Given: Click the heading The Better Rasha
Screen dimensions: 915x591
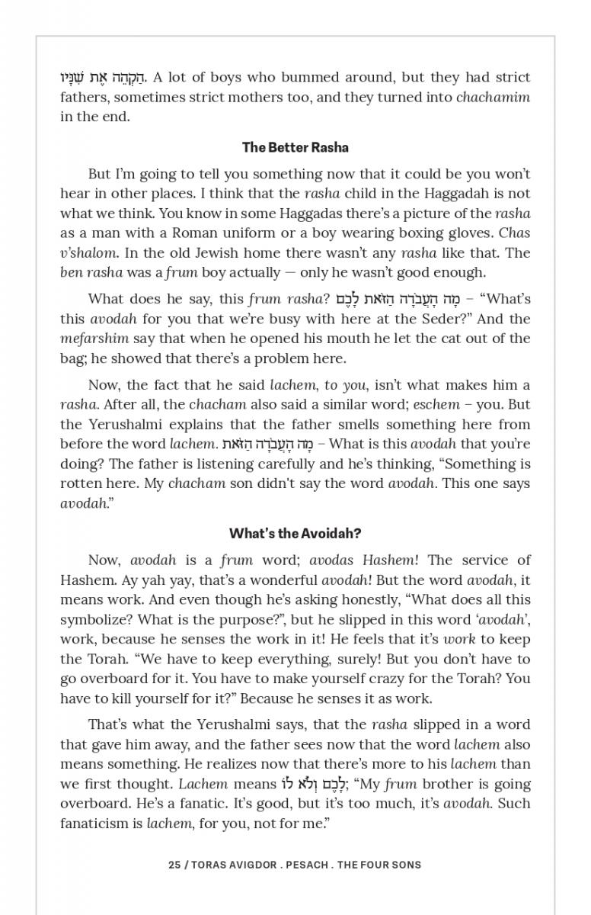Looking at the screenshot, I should pyautogui.click(x=295, y=147).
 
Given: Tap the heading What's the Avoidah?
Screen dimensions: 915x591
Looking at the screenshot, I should pyautogui.click(x=295, y=533).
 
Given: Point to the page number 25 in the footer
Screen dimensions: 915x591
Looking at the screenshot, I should pyautogui.click(x=174, y=865).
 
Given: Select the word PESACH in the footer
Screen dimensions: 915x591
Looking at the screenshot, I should pyautogui.click(x=308, y=865).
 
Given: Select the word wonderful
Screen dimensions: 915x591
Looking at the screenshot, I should pyautogui.click(x=282, y=579).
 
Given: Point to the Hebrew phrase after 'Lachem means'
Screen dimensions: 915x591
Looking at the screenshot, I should pyautogui.click(x=314, y=784).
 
